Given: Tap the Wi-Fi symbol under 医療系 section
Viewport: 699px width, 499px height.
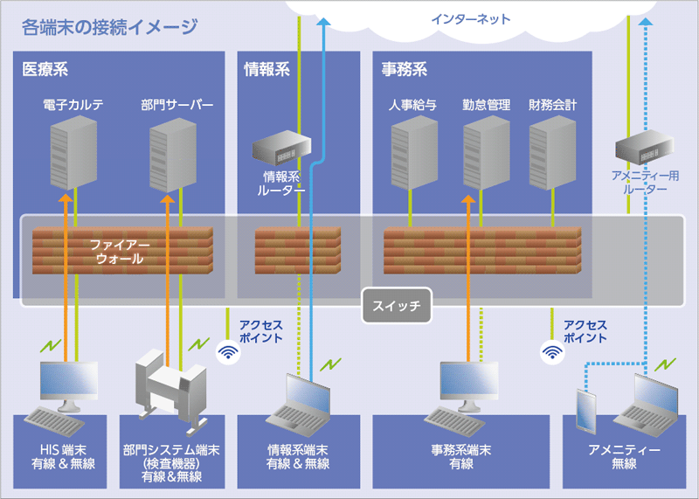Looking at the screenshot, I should [x=227, y=351].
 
